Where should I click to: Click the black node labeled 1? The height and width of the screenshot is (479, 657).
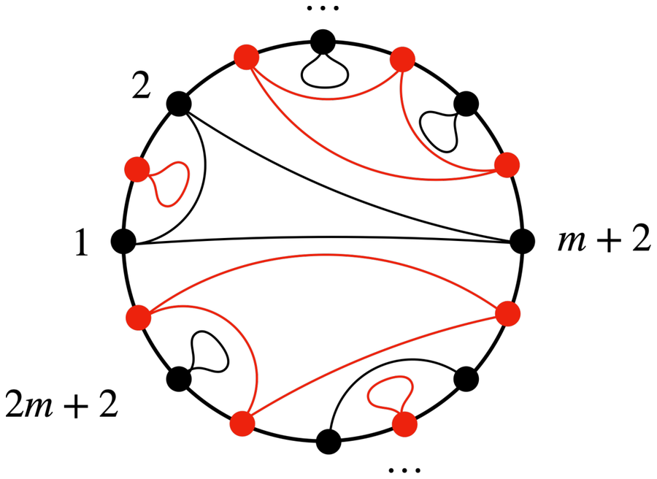(x=123, y=242)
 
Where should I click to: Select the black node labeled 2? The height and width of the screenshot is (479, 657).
(x=179, y=104)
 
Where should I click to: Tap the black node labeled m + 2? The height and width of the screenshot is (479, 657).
(x=522, y=242)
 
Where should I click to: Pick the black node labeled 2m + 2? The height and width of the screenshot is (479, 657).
(x=179, y=379)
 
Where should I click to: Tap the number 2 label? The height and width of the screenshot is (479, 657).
(x=141, y=85)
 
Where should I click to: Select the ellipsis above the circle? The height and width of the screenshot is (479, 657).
(x=323, y=8)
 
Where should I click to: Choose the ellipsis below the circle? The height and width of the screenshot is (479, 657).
(x=404, y=470)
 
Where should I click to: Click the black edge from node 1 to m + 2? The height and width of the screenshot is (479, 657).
(x=323, y=237)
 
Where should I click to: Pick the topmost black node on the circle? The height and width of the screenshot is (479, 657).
(x=323, y=42)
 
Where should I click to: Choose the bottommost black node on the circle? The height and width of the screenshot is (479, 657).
(x=328, y=442)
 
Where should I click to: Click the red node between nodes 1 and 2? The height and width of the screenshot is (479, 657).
(x=137, y=169)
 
